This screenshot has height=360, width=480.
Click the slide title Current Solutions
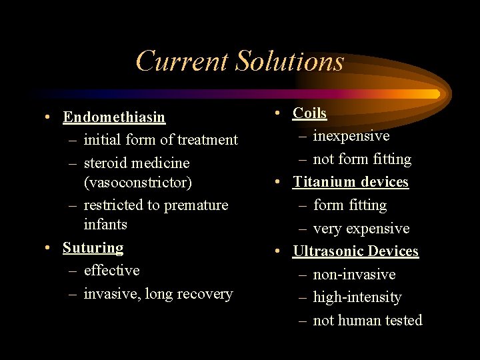pyautogui.click(x=240, y=61)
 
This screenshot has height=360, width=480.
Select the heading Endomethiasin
pyautogui.click(x=114, y=117)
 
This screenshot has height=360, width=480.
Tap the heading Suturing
pyautogui.click(x=93, y=248)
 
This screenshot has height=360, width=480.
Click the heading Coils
pyautogui.click(x=310, y=113)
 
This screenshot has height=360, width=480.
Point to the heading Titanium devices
pyautogui.click(x=351, y=182)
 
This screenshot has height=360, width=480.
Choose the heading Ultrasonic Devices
pyautogui.click(x=355, y=251)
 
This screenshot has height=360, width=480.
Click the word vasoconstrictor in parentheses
pyautogui.click(x=137, y=182)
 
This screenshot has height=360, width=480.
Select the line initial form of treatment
pyautogui.click(x=160, y=140)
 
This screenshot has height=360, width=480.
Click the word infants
pyautogui.click(x=105, y=224)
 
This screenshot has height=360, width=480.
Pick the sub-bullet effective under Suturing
pyautogui.click(x=111, y=271)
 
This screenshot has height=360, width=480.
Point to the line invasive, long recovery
pyautogui.click(x=158, y=294)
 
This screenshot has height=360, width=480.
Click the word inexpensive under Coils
pyautogui.click(x=351, y=136)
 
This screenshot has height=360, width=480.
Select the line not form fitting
pyautogui.click(x=362, y=159)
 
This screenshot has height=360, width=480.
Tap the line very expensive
pyautogui.click(x=361, y=229)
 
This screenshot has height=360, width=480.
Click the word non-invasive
pyautogui.click(x=354, y=275)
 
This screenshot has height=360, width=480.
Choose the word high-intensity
pyautogui.click(x=357, y=297)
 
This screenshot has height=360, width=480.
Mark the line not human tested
pyautogui.click(x=367, y=321)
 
